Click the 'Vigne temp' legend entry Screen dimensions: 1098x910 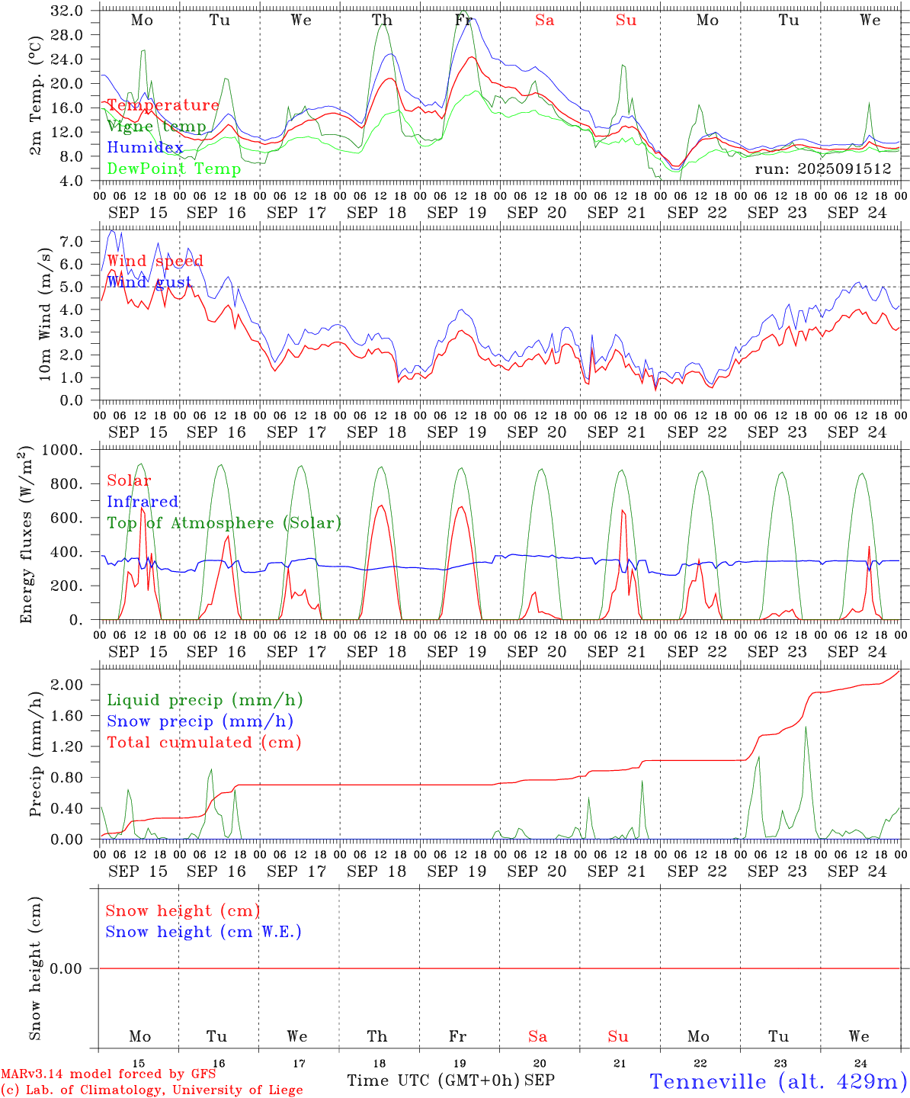click(156, 127)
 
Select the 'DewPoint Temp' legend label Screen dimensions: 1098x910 click(174, 169)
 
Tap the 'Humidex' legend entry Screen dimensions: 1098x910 click(145, 148)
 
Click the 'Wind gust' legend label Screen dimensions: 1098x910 click(149, 282)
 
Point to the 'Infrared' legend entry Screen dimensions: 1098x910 click(143, 502)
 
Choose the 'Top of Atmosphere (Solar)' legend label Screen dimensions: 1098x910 click(224, 523)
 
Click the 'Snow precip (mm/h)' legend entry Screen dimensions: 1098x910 click(200, 721)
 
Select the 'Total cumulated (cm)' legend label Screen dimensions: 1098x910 click(204, 742)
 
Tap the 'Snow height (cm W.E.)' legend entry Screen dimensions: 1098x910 click(203, 932)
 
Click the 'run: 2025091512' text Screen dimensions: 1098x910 click(822, 169)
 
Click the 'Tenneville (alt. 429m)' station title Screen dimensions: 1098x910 click(778, 1081)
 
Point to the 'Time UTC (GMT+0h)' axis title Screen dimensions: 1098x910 click(433, 1080)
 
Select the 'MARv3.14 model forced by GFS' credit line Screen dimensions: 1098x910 click(107, 1074)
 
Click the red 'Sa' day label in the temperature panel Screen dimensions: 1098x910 click(544, 21)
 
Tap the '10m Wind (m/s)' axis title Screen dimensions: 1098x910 click(45, 314)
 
